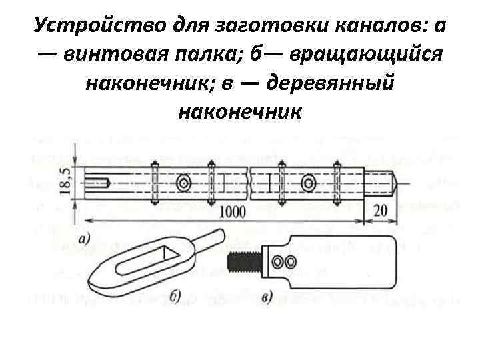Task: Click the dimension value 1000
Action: click(231, 211)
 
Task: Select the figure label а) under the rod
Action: click(85, 237)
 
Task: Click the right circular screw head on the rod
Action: click(307, 183)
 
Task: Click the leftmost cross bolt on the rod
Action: click(155, 183)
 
